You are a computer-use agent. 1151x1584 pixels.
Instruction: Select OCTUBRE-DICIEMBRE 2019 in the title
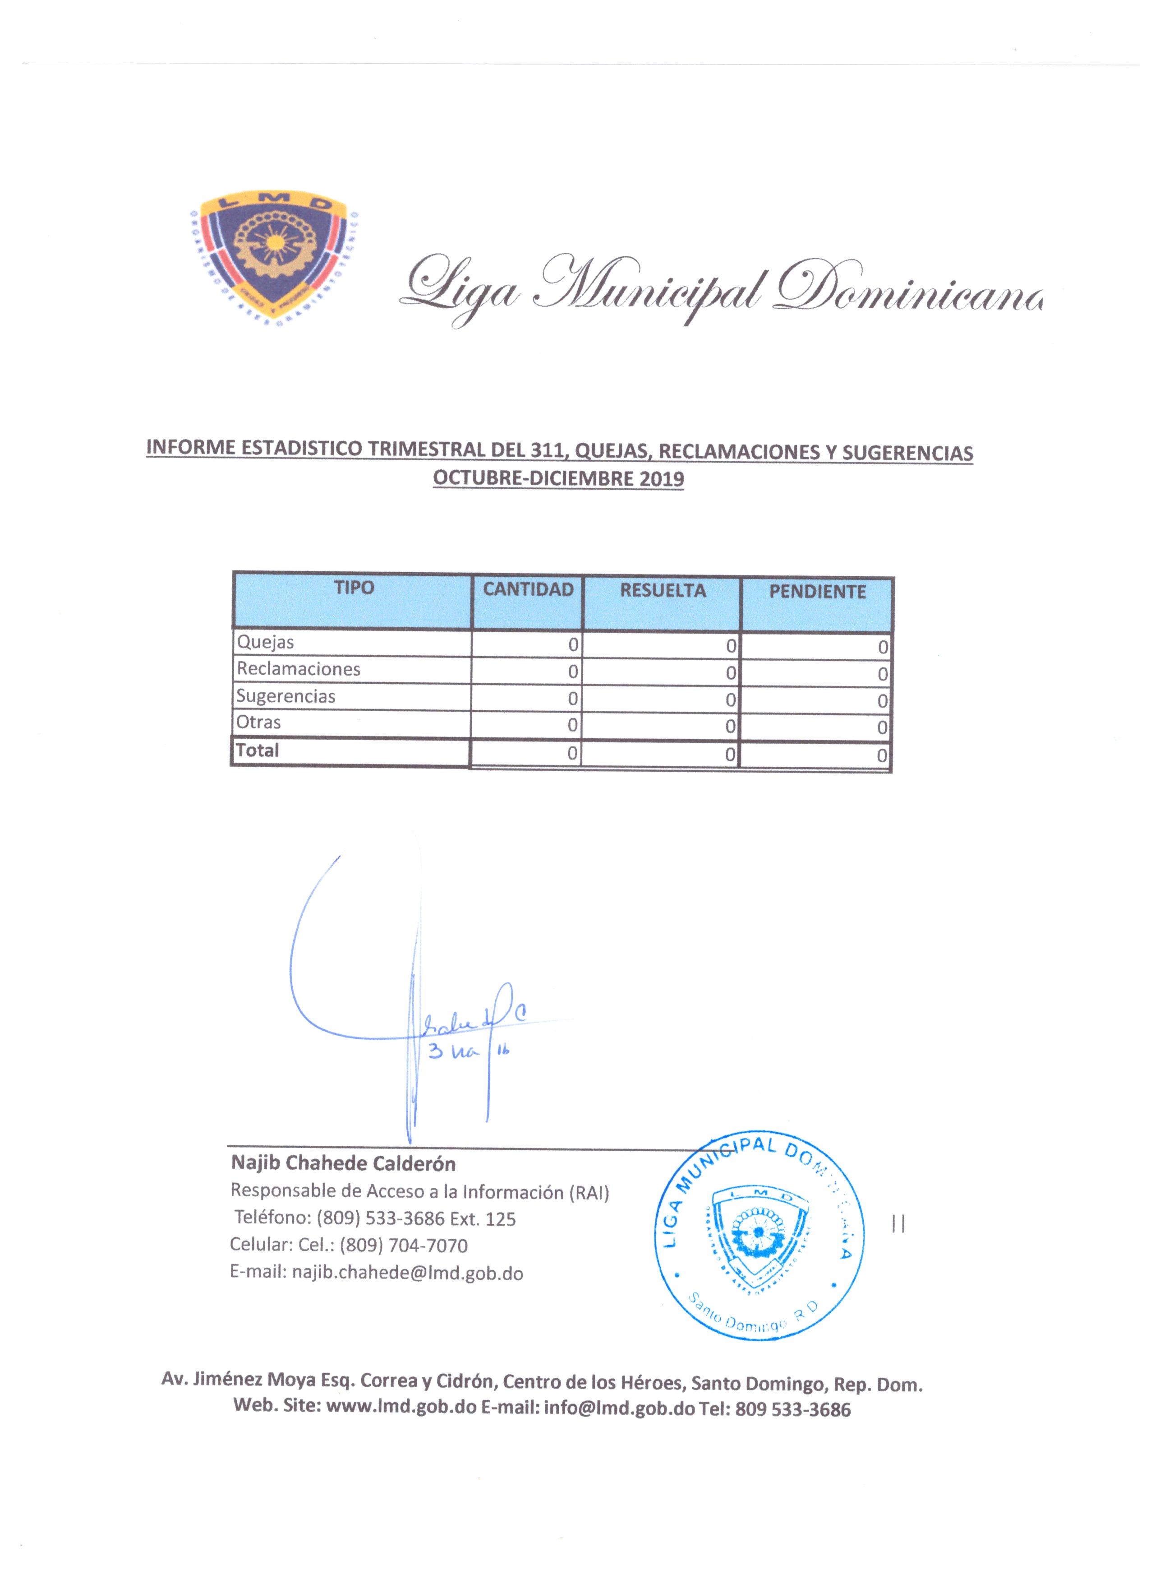click(558, 479)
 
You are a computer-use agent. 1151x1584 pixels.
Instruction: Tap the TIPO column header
click(354, 588)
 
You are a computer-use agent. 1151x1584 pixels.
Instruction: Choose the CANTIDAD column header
click(528, 589)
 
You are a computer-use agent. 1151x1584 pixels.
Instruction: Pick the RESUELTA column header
click(663, 591)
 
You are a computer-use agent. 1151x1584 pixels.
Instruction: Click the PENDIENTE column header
click(817, 592)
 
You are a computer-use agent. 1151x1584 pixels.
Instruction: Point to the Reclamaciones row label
click(299, 669)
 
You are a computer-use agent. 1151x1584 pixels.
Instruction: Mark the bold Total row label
click(258, 751)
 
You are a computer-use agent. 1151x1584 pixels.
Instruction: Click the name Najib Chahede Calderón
click(343, 1163)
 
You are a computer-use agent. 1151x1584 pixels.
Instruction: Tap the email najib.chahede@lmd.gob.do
click(408, 1273)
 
